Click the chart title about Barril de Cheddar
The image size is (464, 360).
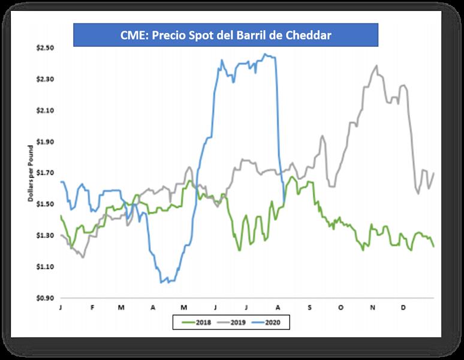click(x=225, y=35)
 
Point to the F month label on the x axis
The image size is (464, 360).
click(x=92, y=307)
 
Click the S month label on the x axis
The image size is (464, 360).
click(x=310, y=307)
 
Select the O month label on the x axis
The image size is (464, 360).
click(x=341, y=307)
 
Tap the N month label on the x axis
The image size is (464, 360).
click(x=372, y=307)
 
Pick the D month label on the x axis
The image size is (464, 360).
click(x=403, y=307)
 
